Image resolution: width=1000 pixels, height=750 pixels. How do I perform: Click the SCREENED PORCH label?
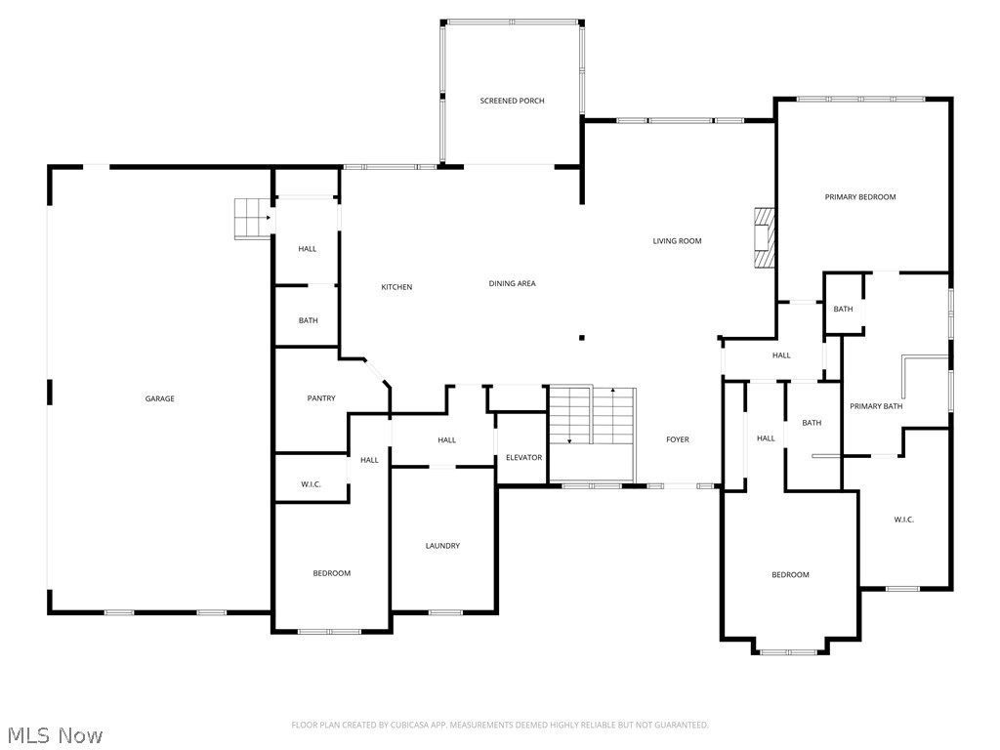point(512,101)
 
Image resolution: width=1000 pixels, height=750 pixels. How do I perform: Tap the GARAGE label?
point(160,398)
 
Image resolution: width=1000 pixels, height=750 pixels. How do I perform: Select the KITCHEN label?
point(396,287)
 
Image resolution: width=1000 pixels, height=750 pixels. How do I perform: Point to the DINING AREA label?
point(512,283)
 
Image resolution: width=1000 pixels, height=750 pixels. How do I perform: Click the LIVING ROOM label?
point(677,240)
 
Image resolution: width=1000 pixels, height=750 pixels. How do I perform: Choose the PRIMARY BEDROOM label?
point(859,197)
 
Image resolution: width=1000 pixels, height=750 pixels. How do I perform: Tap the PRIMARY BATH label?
point(875,406)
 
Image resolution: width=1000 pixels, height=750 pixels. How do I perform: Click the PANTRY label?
point(321,398)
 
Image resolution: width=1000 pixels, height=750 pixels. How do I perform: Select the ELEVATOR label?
point(522,457)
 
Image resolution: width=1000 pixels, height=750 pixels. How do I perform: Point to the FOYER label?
point(677,439)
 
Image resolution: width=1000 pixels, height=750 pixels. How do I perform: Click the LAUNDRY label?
point(442,546)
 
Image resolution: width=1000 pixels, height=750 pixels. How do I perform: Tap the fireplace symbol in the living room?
point(764,236)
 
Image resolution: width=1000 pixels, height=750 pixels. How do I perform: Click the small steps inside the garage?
point(251,218)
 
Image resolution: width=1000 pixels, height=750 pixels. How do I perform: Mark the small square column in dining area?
point(582,338)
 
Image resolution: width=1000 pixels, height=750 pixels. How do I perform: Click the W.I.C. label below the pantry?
point(311,484)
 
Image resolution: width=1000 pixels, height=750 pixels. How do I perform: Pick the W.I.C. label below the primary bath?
point(903,520)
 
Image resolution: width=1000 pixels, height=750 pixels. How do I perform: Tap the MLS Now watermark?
point(54,734)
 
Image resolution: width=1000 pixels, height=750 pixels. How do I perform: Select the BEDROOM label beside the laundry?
point(331,573)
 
